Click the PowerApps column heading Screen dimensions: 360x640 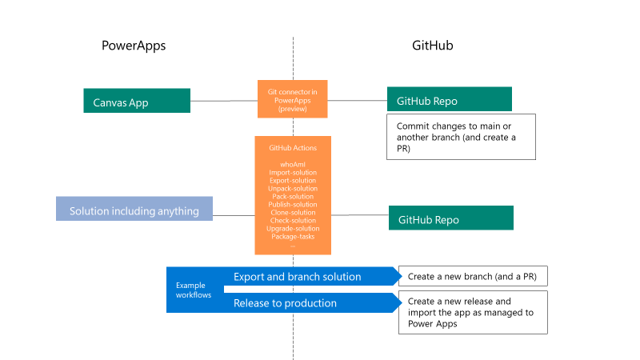click(x=133, y=46)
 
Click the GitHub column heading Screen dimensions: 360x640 click(x=427, y=46)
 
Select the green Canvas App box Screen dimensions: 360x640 click(x=137, y=101)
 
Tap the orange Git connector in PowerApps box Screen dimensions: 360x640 click(x=293, y=100)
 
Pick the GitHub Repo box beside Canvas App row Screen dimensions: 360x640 click(x=449, y=99)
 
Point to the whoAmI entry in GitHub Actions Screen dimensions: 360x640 click(x=293, y=164)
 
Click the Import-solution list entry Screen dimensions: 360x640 click(x=293, y=172)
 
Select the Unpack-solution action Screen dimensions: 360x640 click(x=293, y=188)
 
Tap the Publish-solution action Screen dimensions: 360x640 click(x=293, y=204)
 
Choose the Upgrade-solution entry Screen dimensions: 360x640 click(x=293, y=229)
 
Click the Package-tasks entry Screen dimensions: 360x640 click(x=293, y=237)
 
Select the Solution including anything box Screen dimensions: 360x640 click(x=134, y=210)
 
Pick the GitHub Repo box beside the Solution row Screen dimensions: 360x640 click(x=451, y=218)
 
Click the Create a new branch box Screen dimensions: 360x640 click(x=472, y=277)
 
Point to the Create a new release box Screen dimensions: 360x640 click(x=472, y=312)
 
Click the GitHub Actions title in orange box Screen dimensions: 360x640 click(x=293, y=148)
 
